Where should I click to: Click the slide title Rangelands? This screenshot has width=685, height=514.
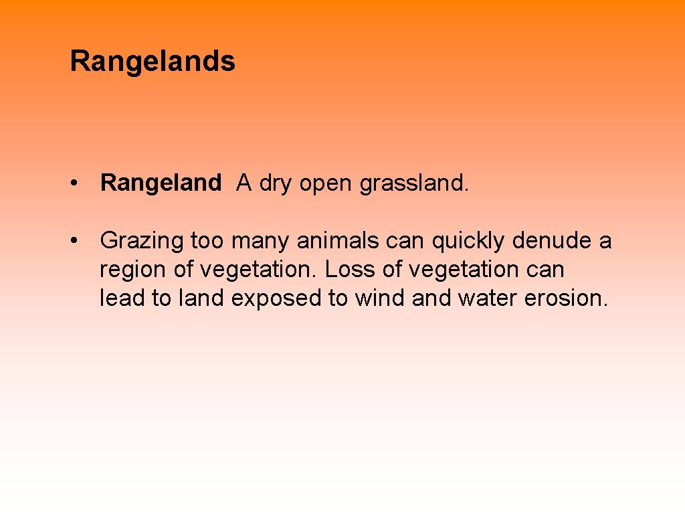click(153, 62)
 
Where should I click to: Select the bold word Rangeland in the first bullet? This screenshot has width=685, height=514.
click(161, 183)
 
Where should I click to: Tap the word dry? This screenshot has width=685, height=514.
click(276, 183)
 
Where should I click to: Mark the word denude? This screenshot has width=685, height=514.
click(549, 241)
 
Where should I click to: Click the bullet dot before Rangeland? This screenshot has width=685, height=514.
click(78, 183)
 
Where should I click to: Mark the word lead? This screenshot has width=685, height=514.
click(123, 298)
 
